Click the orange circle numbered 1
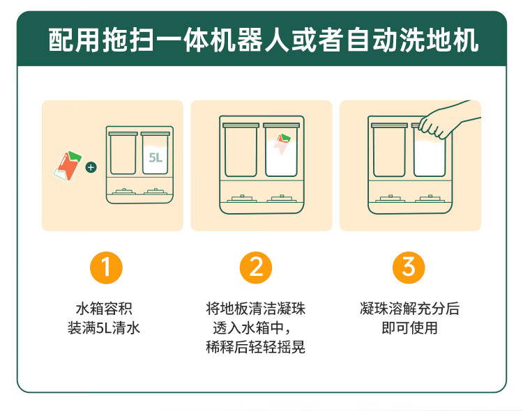pos(107,267)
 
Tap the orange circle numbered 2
pos(256,267)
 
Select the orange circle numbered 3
pos(409,267)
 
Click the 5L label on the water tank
pos(155,157)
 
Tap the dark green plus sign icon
pos(90,167)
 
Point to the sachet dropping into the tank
pos(282,145)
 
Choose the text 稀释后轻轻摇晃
pos(256,347)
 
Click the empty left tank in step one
pos(122,153)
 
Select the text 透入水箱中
pos(252,327)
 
